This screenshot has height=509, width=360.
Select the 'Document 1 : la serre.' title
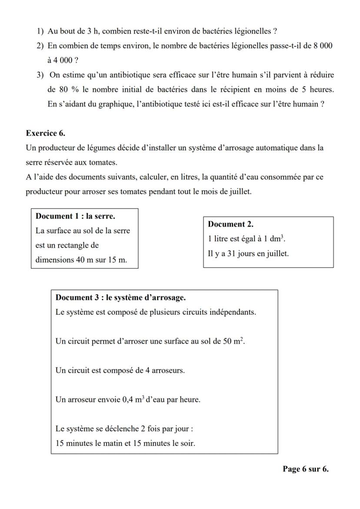tap(75, 216)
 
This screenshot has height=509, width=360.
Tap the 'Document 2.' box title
tap(230, 224)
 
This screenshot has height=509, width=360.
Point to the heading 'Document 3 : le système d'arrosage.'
tap(120, 298)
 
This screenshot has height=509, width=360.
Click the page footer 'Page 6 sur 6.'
tap(305, 469)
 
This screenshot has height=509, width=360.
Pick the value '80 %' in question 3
tap(67, 90)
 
